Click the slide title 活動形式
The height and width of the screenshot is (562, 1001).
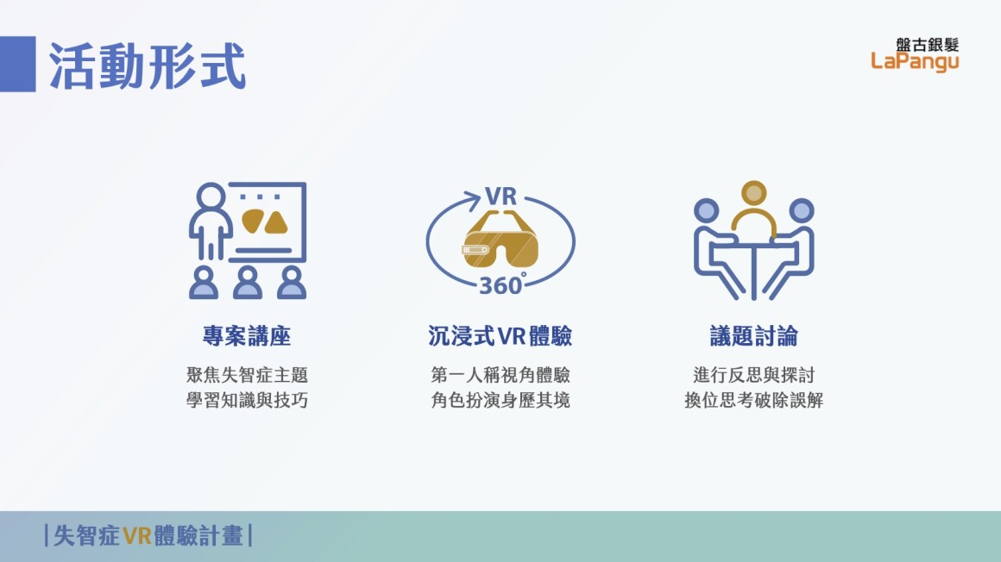pos(147,66)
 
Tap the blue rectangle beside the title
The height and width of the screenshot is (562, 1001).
pos(18,64)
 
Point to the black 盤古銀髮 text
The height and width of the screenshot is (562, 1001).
pos(927,45)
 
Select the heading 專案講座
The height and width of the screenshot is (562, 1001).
pos(247,335)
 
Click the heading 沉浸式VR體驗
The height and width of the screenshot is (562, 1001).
pos(500,335)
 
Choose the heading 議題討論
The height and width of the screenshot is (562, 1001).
pos(754,335)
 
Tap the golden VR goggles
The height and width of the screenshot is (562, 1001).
pos(500,240)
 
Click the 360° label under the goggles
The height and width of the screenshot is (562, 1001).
pos(502,284)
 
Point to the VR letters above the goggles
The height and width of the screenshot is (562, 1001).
pos(500,197)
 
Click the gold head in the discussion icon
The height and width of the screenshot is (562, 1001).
pos(754,193)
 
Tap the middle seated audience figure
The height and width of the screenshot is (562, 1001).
pos(247,283)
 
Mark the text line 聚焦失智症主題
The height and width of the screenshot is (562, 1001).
pos(247,374)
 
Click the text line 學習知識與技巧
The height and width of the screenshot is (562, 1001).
pos(247,400)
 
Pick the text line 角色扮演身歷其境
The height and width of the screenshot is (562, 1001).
pos(500,400)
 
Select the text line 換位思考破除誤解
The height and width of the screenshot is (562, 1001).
pos(754,400)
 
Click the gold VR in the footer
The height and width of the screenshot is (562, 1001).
pos(137,536)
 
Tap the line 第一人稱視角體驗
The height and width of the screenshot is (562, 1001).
pos(500,374)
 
